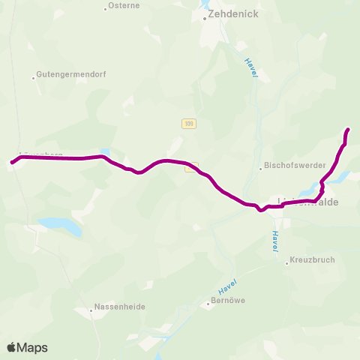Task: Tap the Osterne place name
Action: [124, 5]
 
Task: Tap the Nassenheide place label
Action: [120, 307]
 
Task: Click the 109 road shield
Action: [188, 124]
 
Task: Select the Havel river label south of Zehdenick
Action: [251, 66]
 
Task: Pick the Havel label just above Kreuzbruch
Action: [275, 240]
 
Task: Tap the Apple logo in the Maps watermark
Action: [12, 347]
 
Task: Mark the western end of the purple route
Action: [11, 162]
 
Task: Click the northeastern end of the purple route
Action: [349, 130]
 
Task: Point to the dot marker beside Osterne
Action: [105, 9]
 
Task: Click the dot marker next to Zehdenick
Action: [204, 18]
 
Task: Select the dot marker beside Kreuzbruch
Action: [286, 262]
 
